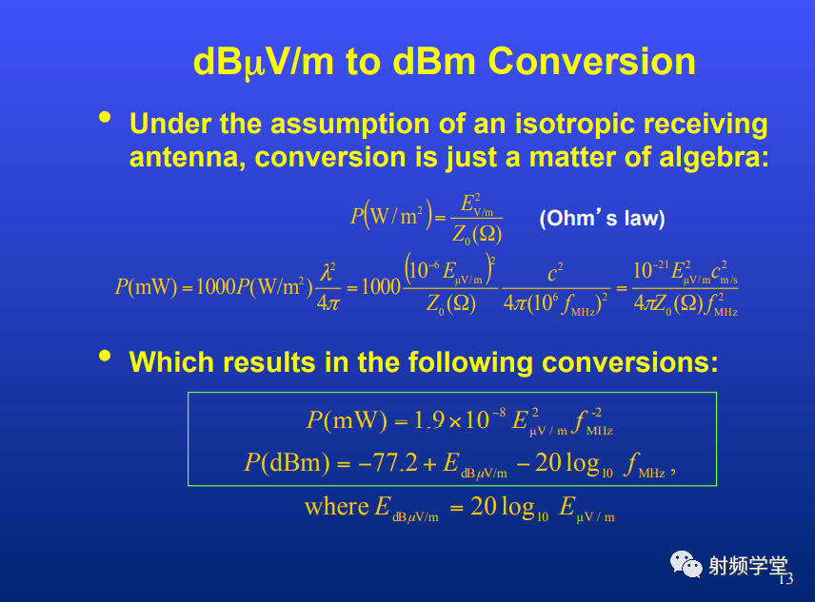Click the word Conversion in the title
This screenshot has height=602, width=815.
[x=591, y=61]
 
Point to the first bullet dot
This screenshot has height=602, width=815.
[x=105, y=117]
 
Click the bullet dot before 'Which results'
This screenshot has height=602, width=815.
[x=105, y=356]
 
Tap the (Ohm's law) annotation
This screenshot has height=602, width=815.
[x=602, y=218]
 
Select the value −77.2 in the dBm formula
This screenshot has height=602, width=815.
[x=388, y=462]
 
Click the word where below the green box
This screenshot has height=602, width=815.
[x=336, y=507]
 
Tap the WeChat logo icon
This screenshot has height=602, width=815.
[x=686, y=564]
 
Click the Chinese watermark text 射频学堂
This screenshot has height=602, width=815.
[x=748, y=565]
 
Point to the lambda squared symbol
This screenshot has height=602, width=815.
[x=328, y=272]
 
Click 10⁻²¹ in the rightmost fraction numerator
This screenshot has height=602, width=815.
[x=650, y=270]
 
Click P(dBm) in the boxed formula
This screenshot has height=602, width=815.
[x=287, y=462]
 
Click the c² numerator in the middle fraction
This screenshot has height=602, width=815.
[x=555, y=272]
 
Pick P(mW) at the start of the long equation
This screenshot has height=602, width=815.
[x=146, y=286]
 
